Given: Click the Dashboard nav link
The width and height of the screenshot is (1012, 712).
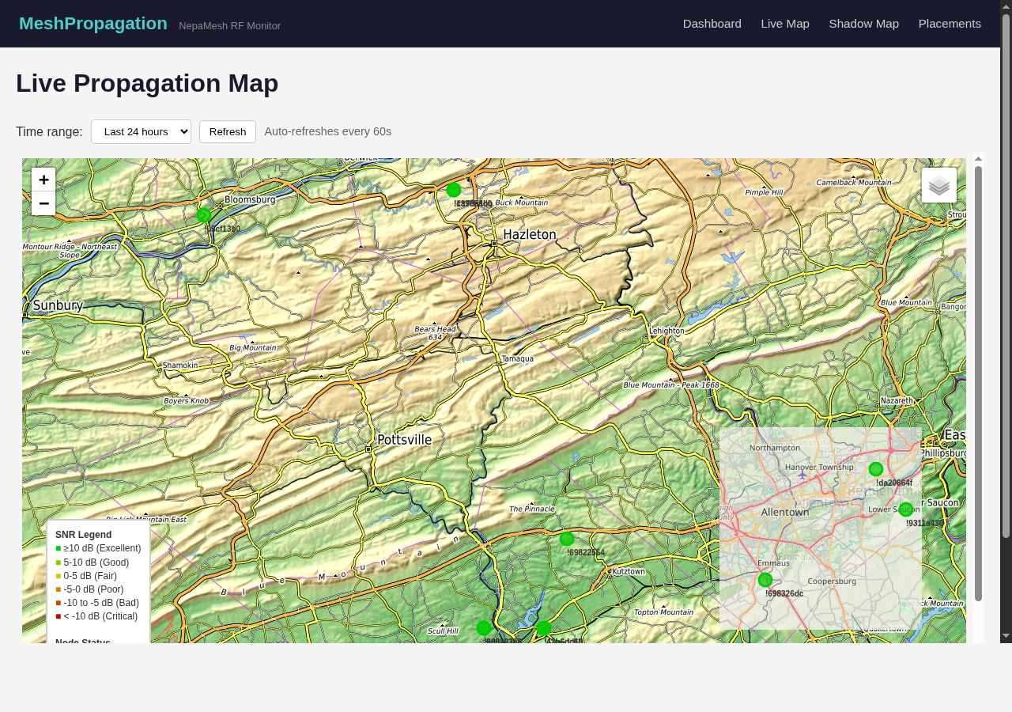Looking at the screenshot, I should [712, 24].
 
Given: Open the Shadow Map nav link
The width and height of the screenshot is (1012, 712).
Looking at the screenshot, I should [863, 24].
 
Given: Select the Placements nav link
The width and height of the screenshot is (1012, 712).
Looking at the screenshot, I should [950, 24].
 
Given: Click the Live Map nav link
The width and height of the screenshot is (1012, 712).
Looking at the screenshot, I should [785, 24].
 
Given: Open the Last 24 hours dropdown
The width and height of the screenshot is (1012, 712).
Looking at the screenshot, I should [141, 131].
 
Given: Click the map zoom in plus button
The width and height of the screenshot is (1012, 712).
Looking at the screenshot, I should [43, 180].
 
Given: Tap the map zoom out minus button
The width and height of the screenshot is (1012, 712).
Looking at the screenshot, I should [43, 203].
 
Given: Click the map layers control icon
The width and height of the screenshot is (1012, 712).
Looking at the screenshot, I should [938, 185].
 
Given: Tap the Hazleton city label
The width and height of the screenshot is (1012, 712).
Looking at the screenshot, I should [530, 235].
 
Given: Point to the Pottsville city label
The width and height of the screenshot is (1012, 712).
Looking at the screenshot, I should [404, 439].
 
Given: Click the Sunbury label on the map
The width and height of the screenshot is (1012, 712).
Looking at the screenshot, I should [57, 305].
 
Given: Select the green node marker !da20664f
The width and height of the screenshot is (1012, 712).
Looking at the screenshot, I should [876, 469].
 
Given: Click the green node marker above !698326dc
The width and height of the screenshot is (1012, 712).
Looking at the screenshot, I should [765, 580].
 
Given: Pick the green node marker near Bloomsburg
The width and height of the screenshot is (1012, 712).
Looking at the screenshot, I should [204, 214].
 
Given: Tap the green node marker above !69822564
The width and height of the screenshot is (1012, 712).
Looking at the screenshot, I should [567, 539].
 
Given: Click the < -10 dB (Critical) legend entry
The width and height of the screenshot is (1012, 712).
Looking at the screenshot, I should [100, 616].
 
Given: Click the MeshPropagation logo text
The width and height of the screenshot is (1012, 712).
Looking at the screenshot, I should [93, 24].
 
